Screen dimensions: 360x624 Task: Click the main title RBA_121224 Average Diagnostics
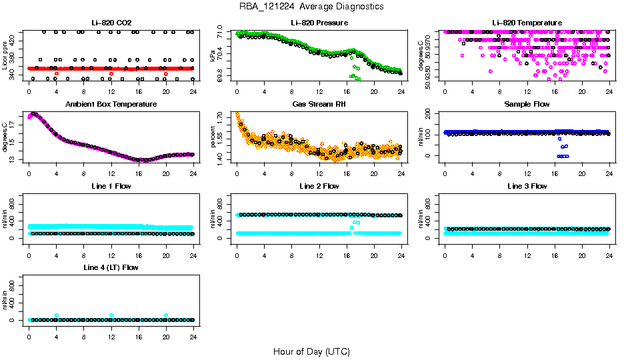[x=311, y=7]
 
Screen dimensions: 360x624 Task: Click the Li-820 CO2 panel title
[x=111, y=23]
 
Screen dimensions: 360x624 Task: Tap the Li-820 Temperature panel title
[x=527, y=23]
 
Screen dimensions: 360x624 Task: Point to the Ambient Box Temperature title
[x=111, y=105]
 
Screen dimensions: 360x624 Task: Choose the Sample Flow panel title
[x=527, y=105]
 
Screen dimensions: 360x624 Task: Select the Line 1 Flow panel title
[x=111, y=186]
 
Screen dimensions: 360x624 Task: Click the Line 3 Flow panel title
[x=527, y=186]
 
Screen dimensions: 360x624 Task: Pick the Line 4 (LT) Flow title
[x=111, y=267]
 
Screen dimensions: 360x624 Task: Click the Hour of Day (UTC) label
[x=311, y=351]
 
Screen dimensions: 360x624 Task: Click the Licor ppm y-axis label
[x=5, y=55]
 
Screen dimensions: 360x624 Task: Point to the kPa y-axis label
[x=213, y=55]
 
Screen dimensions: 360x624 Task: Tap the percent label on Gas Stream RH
[x=213, y=137]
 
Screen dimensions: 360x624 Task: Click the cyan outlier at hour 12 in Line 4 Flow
[x=111, y=315]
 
